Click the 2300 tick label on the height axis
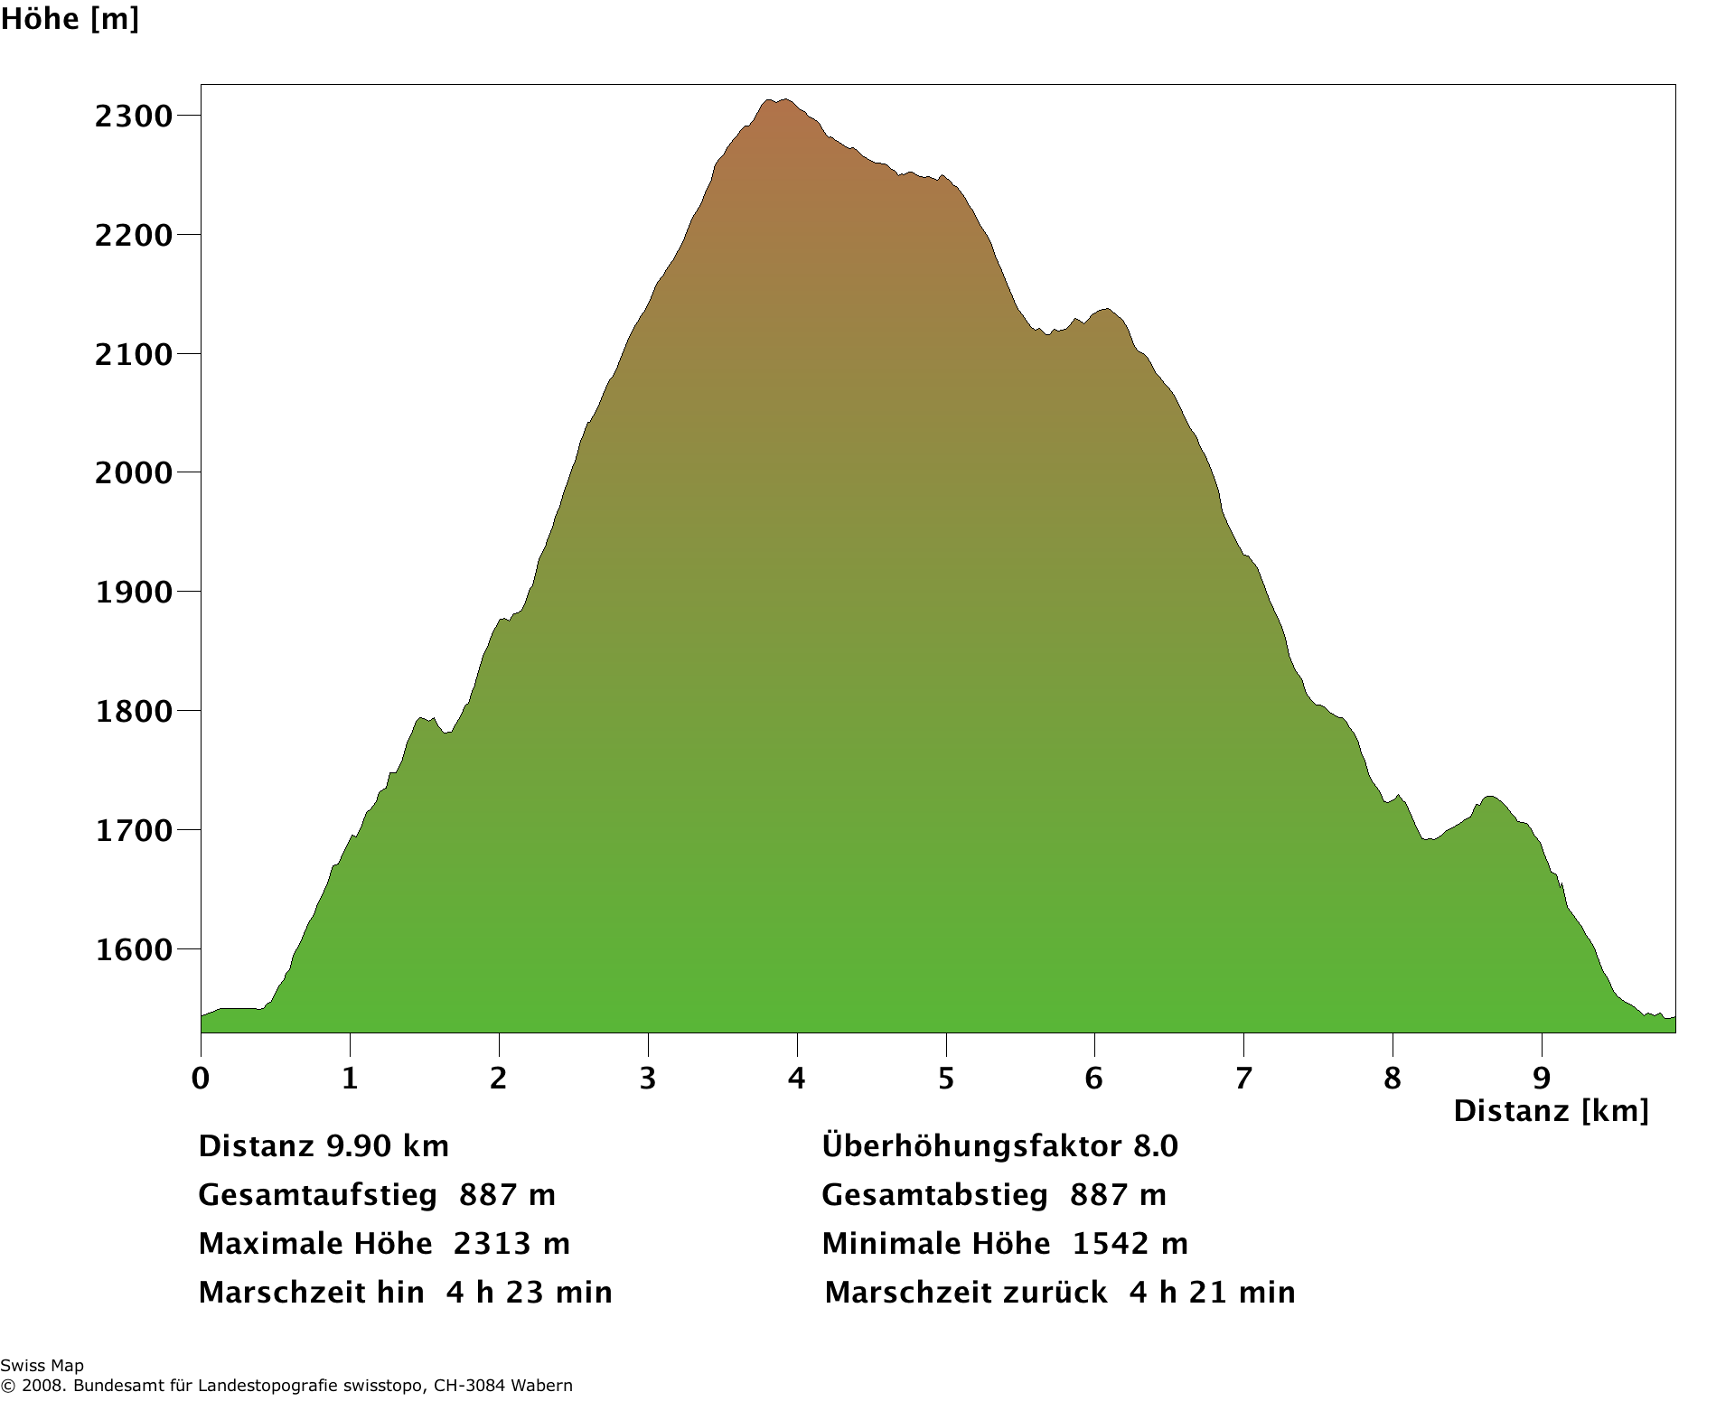pos(133,117)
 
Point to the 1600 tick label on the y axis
pos(133,950)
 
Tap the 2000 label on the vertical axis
pos(133,473)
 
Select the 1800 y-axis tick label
pos(133,712)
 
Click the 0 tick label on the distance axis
pos(201,1078)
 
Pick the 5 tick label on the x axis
pos(945,1078)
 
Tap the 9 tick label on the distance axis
pos(1542,1078)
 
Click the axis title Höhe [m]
pos(70,19)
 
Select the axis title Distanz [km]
pos(1551,1111)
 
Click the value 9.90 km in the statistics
pos(387,1146)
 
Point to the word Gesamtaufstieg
pos(317,1195)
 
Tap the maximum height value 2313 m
pos(511,1244)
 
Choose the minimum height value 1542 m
pos(1130,1244)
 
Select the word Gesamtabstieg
pos(934,1195)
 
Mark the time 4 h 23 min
pos(529,1293)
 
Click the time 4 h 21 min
pos(1212,1293)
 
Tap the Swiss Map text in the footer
pos(42,1366)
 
